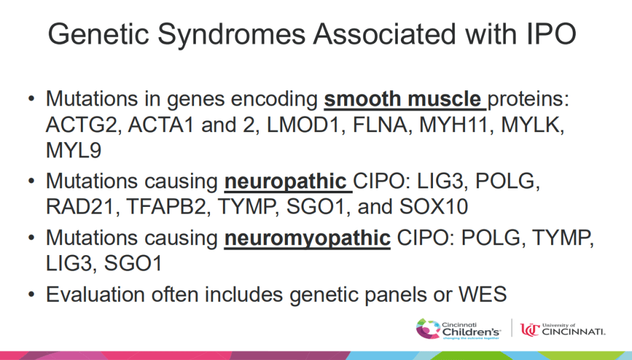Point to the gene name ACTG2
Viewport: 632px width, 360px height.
(83, 125)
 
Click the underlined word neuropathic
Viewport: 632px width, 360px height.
(284, 182)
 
